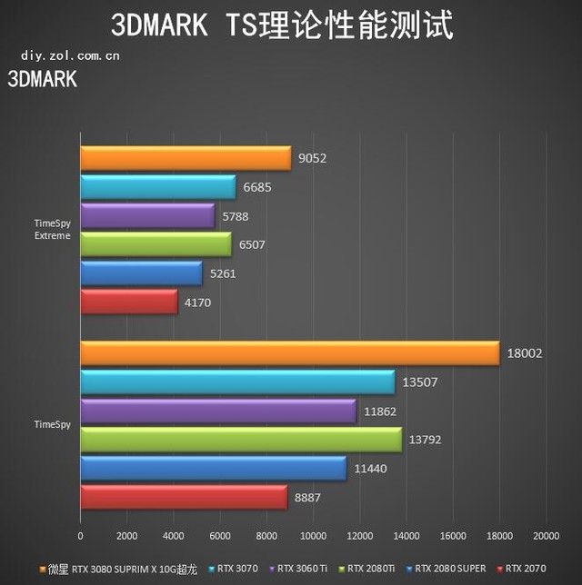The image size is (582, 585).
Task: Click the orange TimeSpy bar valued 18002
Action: [289, 353]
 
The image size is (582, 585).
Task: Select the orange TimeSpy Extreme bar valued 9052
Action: [186, 159]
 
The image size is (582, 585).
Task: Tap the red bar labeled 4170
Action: [129, 302]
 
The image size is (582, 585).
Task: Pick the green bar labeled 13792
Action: [241, 440]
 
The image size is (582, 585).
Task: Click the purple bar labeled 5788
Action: [147, 216]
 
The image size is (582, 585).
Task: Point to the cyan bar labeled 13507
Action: [237, 382]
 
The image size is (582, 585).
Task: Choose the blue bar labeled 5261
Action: [141, 273]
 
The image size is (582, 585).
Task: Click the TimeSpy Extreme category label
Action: [52, 230]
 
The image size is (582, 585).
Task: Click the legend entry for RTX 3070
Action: [236, 569]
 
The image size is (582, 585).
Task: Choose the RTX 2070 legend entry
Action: [527, 569]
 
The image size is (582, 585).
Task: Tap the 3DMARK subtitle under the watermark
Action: [43, 79]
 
